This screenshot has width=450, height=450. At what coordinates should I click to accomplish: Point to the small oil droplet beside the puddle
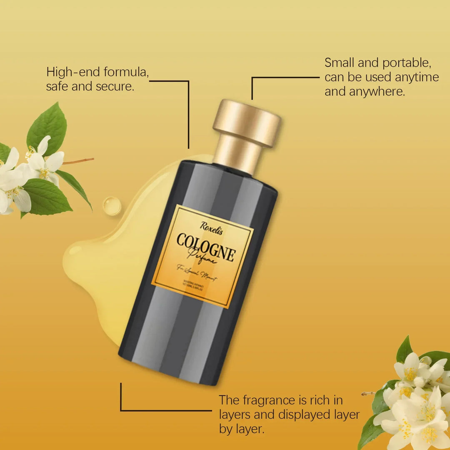point(112,206)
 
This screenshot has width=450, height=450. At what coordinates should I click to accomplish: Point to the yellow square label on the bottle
point(202,256)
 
